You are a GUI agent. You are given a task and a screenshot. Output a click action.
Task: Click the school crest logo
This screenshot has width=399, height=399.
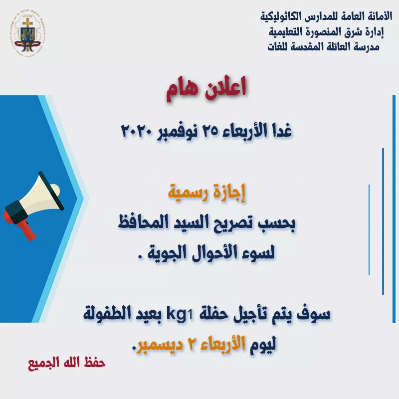point(28,33)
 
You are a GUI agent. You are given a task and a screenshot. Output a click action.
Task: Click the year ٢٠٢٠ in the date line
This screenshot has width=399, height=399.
point(136,131)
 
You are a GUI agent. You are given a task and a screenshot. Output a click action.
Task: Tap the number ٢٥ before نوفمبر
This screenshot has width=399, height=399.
point(210,131)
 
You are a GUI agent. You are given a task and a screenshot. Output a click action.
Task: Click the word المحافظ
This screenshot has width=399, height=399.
point(143,222)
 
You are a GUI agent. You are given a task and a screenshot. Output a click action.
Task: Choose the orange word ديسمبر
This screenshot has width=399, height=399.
point(160,345)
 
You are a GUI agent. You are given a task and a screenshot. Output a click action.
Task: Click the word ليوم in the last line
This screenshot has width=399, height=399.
point(263,345)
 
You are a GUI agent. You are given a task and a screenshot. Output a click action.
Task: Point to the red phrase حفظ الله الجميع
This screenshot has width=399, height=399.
point(67,363)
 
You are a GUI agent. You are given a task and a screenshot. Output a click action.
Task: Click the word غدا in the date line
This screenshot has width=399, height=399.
point(282,131)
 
